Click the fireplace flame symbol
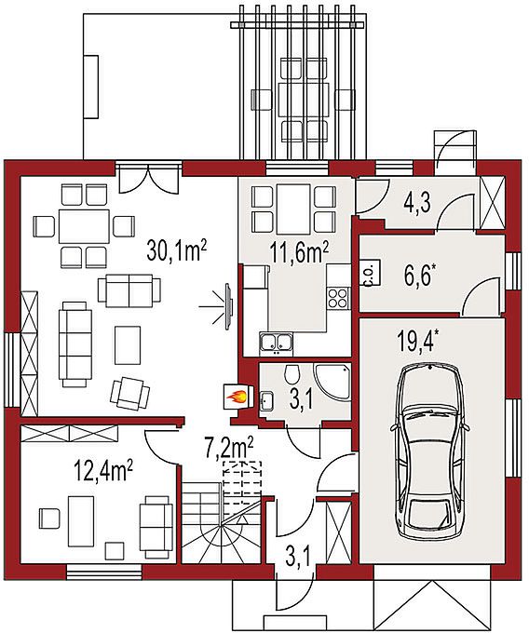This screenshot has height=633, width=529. click(237, 397)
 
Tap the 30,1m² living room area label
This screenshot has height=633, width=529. click(177, 251)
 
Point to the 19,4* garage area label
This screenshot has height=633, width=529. click(418, 341)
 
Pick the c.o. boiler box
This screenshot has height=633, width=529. click(370, 273)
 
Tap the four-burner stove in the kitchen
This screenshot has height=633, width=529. click(338, 298)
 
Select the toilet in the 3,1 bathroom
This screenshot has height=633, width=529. click(292, 374)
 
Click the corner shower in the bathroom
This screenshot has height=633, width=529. click(332, 383)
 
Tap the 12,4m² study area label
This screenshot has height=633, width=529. click(103, 472)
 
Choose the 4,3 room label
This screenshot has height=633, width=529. click(417, 203)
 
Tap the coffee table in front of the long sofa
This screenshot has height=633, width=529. click(128, 345)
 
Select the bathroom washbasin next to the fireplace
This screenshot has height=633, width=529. click(266, 401)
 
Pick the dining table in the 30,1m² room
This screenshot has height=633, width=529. click(84, 225)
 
